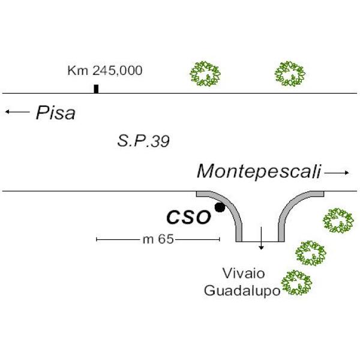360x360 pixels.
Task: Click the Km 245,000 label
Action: click(104, 71)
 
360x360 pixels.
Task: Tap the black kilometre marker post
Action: click(96, 89)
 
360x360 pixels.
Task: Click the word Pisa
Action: click(55, 113)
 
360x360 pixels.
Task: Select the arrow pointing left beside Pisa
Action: click(16, 112)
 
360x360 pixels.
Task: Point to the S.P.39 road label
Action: click(143, 142)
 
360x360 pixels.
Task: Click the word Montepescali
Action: click(259, 172)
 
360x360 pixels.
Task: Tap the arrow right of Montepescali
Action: click(337, 173)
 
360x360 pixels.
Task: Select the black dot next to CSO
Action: click(220, 208)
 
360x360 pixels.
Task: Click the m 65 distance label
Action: click(158, 239)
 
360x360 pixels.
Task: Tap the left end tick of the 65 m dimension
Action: click(97, 239)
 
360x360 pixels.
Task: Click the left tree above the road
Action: click(205, 74)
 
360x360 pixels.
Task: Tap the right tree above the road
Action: click(290, 73)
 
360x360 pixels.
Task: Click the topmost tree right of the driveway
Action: click(338, 220)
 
